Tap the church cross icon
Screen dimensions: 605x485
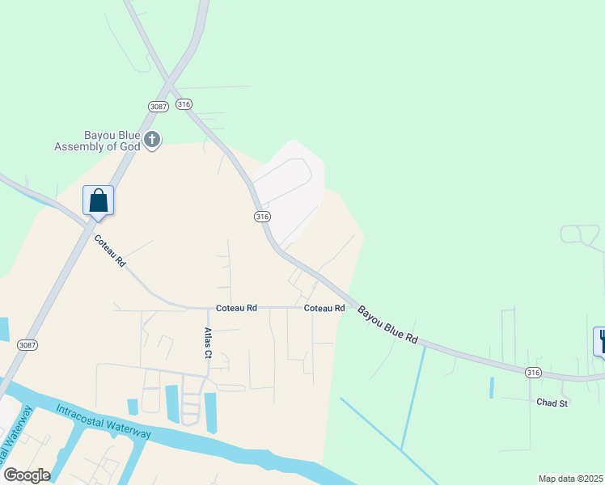tap(152, 141)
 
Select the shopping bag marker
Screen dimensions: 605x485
tap(98, 200)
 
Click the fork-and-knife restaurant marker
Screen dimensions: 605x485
tap(602, 340)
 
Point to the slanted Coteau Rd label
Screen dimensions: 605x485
tap(110, 251)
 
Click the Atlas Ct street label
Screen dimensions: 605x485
tap(208, 343)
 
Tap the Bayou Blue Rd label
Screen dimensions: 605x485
tap(388, 324)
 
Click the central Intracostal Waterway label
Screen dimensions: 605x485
tap(104, 421)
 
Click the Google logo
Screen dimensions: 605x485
tap(27, 474)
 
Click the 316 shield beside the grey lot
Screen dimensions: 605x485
tap(261, 217)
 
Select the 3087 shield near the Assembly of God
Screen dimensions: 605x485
tap(158, 107)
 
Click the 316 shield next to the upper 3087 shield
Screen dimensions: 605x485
tap(184, 104)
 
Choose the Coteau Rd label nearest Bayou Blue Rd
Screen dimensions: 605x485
tap(324, 308)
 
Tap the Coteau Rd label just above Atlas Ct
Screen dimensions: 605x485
tap(236, 308)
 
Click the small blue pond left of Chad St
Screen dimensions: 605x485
tap(491, 387)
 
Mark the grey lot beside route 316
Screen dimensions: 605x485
tap(291, 186)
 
